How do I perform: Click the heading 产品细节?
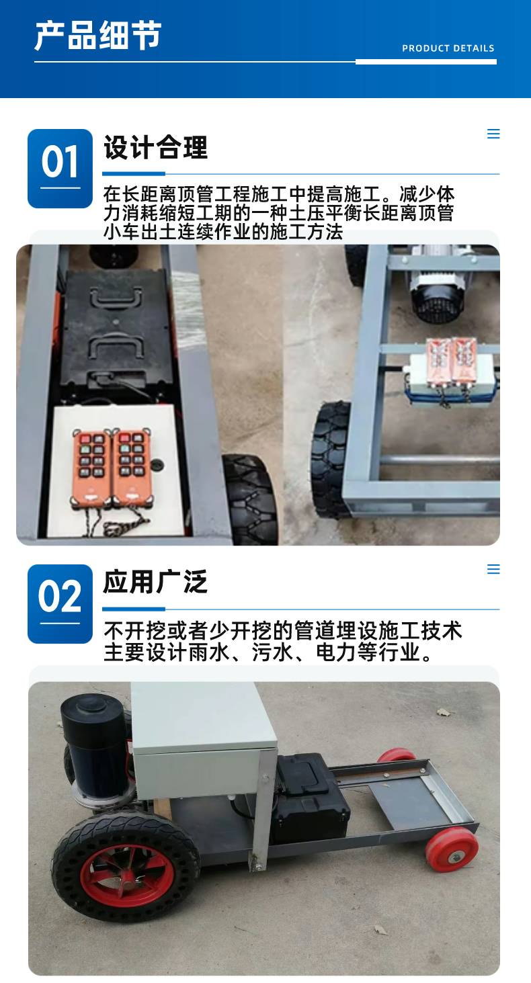[98, 35]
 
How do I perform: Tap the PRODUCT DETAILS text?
[448, 48]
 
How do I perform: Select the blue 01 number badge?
[60, 168]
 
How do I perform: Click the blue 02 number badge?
[60, 603]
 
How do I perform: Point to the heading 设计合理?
[155, 147]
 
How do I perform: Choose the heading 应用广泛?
[155, 582]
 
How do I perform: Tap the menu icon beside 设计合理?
[494, 134]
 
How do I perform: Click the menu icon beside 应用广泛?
[494, 569]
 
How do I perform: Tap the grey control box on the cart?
[203, 740]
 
